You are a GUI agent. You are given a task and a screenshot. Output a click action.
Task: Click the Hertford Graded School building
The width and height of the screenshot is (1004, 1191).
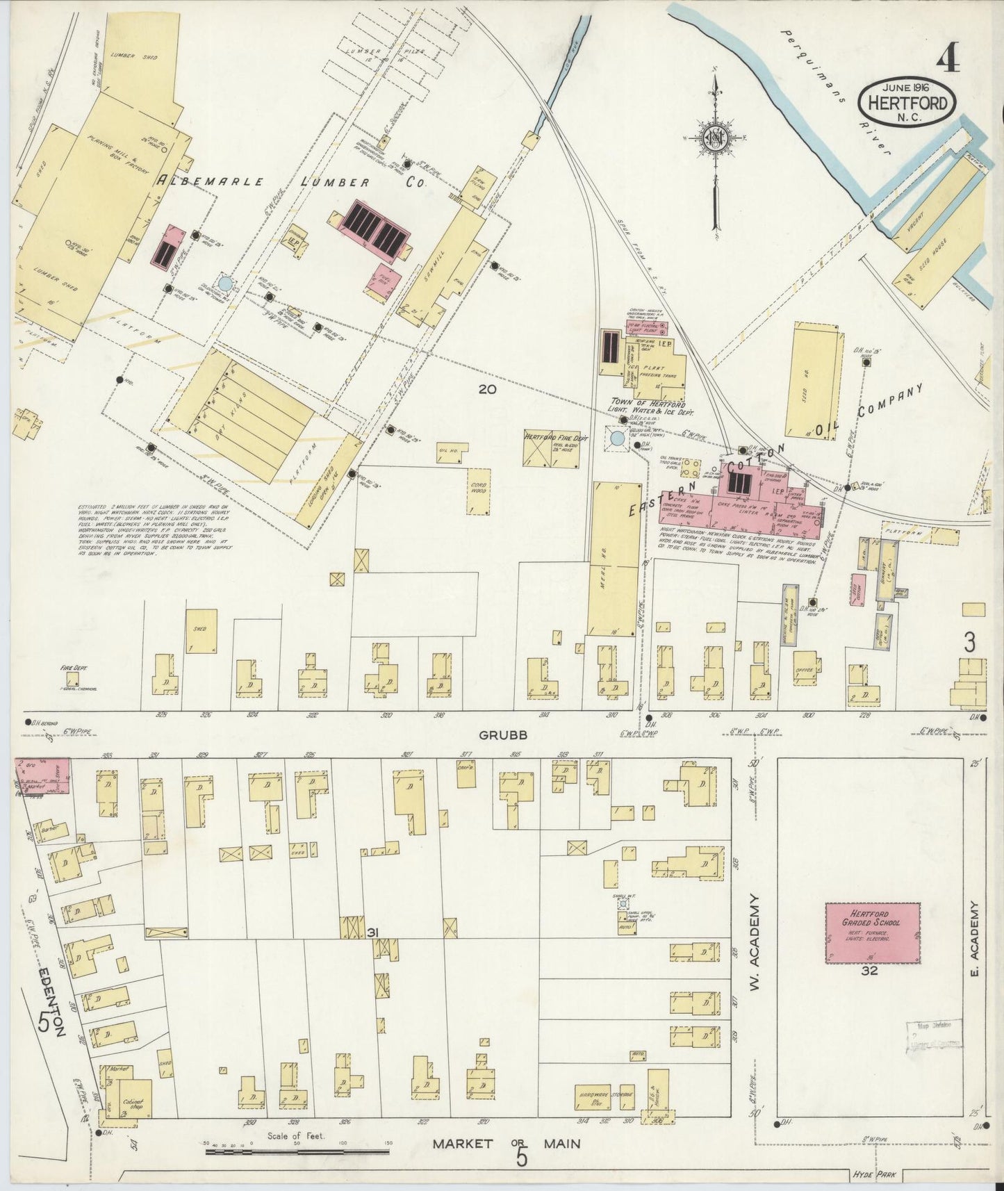873,932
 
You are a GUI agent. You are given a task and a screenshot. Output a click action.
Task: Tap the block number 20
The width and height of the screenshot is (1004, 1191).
487,389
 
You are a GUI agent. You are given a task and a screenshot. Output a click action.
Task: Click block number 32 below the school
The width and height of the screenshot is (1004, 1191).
869,971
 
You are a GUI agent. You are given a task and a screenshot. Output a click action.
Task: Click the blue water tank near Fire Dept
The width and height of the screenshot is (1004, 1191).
616,438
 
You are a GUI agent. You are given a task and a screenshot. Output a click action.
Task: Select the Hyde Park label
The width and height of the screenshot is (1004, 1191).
873,1175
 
